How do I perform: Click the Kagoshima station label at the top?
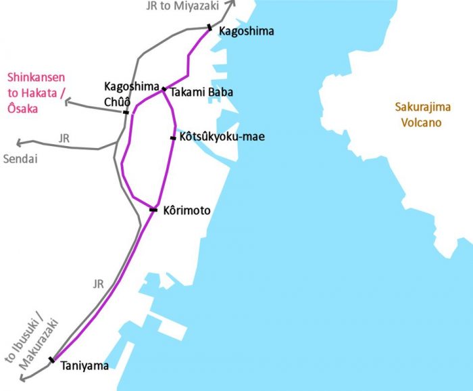point(247,31)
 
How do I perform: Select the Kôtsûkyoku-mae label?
point(222,137)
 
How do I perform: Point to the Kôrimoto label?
point(187,211)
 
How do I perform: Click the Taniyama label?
point(84,366)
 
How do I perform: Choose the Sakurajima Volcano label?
point(420,114)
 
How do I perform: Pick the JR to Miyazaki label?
point(182,6)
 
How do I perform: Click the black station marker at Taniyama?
point(52,360)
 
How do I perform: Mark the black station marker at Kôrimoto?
point(153,210)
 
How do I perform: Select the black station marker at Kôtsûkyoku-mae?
point(173,138)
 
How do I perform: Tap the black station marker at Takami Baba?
point(164,89)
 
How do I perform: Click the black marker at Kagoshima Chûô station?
point(126,112)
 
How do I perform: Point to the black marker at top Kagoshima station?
point(209,28)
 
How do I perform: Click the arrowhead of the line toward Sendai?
point(19,143)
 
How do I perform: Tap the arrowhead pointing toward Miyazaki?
point(231,4)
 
